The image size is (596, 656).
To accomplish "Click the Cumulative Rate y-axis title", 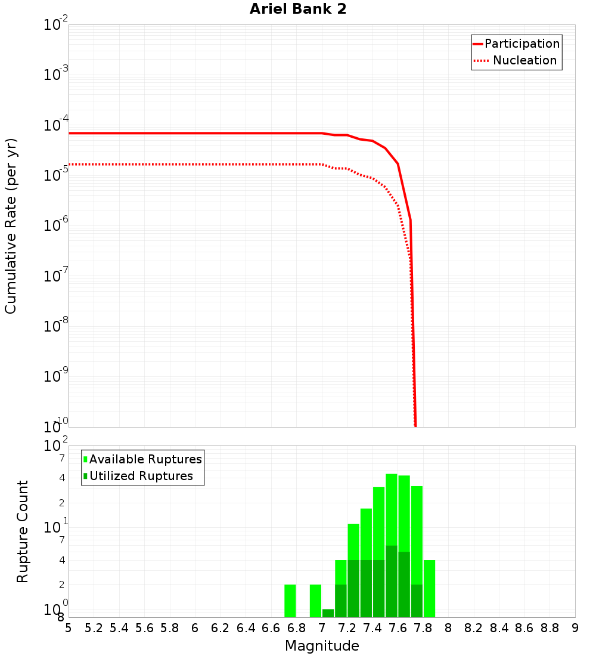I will [11, 226].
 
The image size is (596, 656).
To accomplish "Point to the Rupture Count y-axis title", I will [23, 531].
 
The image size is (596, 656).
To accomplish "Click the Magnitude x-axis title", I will [322, 646].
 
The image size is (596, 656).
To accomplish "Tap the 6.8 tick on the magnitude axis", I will [297, 628].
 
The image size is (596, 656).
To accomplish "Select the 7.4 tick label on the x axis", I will [372, 628].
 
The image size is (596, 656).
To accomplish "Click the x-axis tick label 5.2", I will [94, 628].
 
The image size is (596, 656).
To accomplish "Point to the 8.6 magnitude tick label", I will [524, 628].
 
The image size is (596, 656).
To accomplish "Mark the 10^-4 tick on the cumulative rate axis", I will [56, 125].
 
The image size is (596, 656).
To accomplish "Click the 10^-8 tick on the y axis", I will [56, 326].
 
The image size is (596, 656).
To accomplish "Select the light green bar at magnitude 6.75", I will [290, 601].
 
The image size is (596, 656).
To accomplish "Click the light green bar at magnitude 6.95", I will [315, 601].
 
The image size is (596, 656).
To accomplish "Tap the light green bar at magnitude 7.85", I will [429, 589].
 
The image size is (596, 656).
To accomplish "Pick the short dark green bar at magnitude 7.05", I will [328, 613].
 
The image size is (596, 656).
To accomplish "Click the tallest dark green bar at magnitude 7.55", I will [391, 581].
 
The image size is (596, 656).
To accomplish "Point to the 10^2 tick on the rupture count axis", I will [56, 446].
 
